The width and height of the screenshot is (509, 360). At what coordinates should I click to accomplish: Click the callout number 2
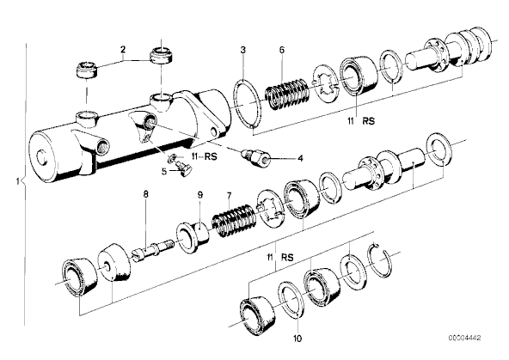(123, 50)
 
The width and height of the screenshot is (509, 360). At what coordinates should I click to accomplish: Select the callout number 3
(243, 50)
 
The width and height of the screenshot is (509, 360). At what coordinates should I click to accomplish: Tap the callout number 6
(281, 50)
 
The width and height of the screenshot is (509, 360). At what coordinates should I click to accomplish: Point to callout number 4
(300, 159)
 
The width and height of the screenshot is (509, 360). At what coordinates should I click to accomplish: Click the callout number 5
(164, 171)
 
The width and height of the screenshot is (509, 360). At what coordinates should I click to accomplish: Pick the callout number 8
(145, 194)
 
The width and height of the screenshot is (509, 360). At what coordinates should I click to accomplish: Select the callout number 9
(200, 194)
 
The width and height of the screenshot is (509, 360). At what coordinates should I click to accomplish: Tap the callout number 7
(230, 196)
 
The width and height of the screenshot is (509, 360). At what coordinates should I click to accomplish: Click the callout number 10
(297, 339)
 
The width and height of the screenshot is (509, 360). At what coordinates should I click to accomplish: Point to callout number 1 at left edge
(18, 181)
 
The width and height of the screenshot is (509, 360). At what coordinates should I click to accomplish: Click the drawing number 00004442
(464, 338)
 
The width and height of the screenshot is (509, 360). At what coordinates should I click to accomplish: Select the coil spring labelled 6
(287, 94)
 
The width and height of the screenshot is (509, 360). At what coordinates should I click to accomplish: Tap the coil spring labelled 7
(235, 220)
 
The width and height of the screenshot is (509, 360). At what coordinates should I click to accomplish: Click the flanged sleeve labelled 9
(193, 236)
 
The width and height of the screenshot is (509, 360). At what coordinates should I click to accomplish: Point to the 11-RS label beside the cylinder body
(204, 156)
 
